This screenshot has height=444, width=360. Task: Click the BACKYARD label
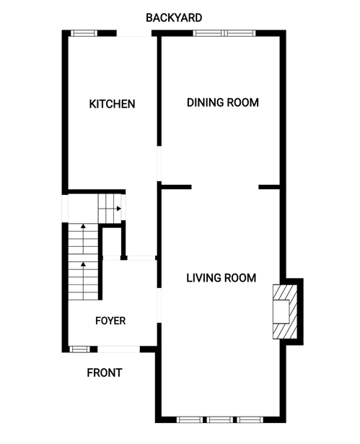pyautogui.click(x=174, y=18)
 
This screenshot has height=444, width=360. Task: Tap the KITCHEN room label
pyautogui.click(x=112, y=104)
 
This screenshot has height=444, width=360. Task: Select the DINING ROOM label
pyautogui.click(x=223, y=103)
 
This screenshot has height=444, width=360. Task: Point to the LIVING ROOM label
pyautogui.click(x=221, y=278)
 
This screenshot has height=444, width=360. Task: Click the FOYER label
pyautogui.click(x=110, y=321)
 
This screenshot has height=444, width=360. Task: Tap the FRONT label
pyautogui.click(x=105, y=373)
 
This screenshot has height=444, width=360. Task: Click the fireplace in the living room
pyautogui.click(x=285, y=311)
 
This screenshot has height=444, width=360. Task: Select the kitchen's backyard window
pyautogui.click(x=84, y=33)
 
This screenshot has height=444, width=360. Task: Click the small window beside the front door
pyautogui.click(x=79, y=349)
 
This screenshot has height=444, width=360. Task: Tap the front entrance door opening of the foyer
pyautogui.click(x=118, y=349)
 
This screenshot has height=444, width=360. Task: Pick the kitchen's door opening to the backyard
pyautogui.click(x=134, y=33)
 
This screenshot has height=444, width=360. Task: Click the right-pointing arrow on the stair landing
pyautogui.click(x=118, y=209)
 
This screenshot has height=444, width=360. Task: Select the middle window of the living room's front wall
pyautogui.click(x=220, y=419)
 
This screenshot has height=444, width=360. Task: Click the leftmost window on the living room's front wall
pyautogui.click(x=190, y=419)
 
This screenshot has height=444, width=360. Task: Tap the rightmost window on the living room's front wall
pyautogui.click(x=250, y=419)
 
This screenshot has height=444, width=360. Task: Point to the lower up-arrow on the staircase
pyautogui.click(x=83, y=281)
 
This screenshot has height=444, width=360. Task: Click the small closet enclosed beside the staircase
pyautogui.click(x=112, y=242)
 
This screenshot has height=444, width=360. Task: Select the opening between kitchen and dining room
pyautogui.click(x=159, y=164)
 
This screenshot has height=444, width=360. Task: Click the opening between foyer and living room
pyautogui.click(x=159, y=305)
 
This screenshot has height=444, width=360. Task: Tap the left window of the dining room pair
pyautogui.click(x=209, y=33)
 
